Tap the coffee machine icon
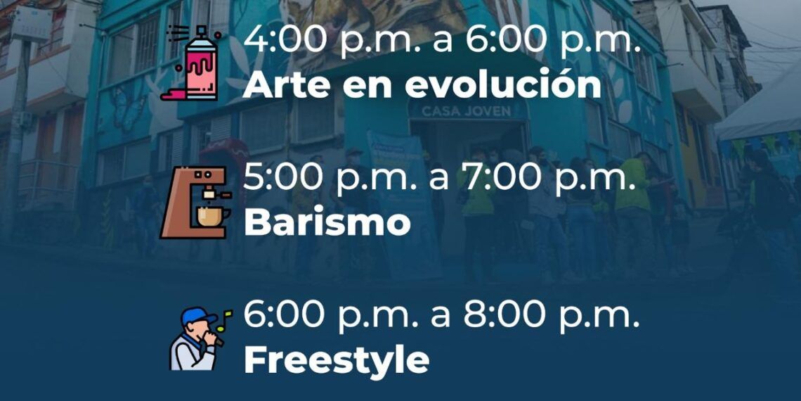pyautogui.click(x=195, y=202)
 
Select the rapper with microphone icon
pyautogui.click(x=200, y=338)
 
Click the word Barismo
pyautogui.click(x=327, y=222)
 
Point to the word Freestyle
pyautogui.click(x=336, y=361)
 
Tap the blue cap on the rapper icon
pyautogui.click(x=197, y=315)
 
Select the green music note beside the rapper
pyautogui.click(x=224, y=320)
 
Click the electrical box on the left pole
pyautogui.click(x=32, y=24)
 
